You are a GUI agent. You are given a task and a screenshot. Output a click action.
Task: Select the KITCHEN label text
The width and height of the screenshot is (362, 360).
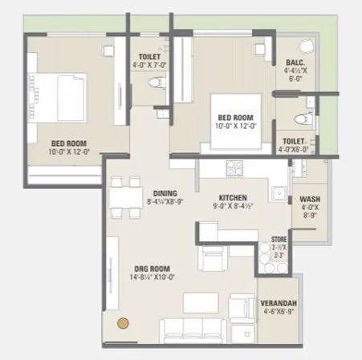pos(233,196)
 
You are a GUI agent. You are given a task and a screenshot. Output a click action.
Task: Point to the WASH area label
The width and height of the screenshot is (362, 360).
pos(310,199)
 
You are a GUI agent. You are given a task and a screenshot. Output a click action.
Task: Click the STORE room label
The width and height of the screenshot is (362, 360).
pos(279,239)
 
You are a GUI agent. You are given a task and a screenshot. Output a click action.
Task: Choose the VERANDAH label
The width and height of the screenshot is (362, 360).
pos(278,303)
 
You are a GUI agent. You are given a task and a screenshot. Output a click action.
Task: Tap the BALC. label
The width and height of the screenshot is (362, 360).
pos(295,62)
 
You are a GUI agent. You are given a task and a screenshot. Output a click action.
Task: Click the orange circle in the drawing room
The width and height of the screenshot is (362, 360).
pos(123,324)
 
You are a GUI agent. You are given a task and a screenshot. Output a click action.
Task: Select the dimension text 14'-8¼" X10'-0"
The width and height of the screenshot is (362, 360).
pos(151,277)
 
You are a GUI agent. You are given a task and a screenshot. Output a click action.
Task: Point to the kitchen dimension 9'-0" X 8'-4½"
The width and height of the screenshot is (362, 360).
pos(233,207)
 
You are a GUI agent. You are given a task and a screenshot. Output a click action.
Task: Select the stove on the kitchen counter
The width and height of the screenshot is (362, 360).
pos(235,168)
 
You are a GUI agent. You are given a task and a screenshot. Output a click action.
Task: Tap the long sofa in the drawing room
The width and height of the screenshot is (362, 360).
pos(190,329)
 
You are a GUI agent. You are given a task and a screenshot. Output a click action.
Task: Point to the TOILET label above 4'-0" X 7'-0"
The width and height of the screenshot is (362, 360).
pos(148,56)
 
